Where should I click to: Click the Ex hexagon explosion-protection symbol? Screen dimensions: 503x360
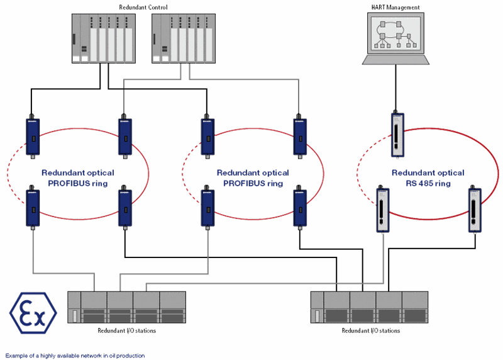pyautogui.click(x=33, y=313)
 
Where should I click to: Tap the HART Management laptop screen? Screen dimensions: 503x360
pyautogui.click(x=395, y=33)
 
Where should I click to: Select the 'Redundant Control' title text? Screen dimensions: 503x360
pyautogui.click(x=143, y=7)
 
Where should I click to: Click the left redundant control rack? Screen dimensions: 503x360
pyautogui.click(x=104, y=38)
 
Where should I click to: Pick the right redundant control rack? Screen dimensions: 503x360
pyautogui.click(x=184, y=38)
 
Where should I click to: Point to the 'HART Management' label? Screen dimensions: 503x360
pyautogui.click(x=395, y=7)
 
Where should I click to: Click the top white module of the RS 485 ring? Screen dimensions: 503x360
pyautogui.click(x=397, y=135)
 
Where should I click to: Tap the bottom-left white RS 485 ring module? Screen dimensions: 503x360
pyautogui.click(x=383, y=210)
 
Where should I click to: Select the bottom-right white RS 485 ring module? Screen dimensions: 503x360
pyautogui.click(x=475, y=210)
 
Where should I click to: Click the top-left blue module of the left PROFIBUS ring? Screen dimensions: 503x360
pyautogui.click(x=33, y=137)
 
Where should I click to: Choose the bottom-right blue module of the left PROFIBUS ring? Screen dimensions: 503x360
pyautogui.click(x=125, y=208)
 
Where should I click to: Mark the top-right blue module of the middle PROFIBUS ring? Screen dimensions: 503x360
pyautogui.click(x=300, y=137)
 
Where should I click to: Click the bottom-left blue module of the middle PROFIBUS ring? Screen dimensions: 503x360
pyautogui.click(x=207, y=208)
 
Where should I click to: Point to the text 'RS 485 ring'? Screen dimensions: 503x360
pyautogui.click(x=428, y=183)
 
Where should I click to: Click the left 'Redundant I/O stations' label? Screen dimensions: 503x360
pyautogui.click(x=127, y=330)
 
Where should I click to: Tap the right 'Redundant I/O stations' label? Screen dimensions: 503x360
pyautogui.click(x=371, y=330)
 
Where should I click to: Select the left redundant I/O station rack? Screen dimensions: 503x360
pyautogui.click(x=127, y=307)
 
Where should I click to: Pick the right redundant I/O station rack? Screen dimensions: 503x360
pyautogui.click(x=369, y=307)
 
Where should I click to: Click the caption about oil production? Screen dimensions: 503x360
pyautogui.click(x=75, y=356)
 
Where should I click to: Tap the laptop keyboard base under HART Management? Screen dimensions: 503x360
pyautogui.click(x=395, y=60)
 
